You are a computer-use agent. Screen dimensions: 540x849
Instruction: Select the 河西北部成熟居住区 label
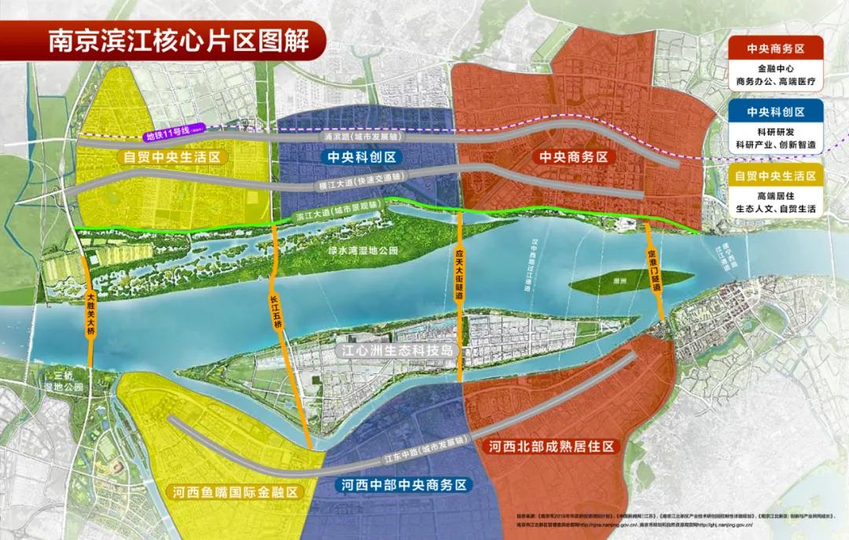pos(550,446)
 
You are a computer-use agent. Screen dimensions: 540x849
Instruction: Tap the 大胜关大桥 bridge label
pos(90,314)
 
